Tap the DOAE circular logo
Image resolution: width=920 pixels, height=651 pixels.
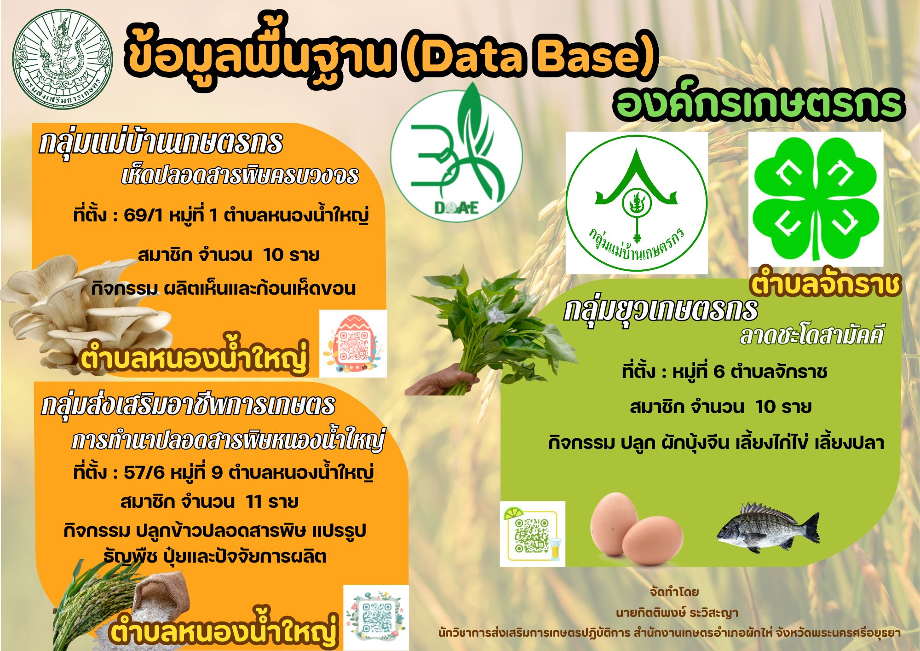[x=456, y=156]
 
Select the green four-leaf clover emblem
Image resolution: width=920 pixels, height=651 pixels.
[x=816, y=199]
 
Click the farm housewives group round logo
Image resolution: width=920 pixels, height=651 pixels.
[x=636, y=203]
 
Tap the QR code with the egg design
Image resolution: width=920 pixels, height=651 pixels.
[x=353, y=344]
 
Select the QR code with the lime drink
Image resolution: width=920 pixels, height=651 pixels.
[x=532, y=534]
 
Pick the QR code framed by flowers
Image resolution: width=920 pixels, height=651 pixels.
[x=376, y=617]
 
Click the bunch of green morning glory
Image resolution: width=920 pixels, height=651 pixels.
[x=492, y=327]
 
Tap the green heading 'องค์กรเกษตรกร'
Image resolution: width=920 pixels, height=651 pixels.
[x=759, y=105]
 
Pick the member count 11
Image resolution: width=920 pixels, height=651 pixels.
[x=253, y=501]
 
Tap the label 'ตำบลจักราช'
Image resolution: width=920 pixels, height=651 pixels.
[x=824, y=284]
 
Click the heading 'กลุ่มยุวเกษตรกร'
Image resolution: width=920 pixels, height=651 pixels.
[x=661, y=310]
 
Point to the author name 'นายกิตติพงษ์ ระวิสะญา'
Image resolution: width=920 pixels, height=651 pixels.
[x=677, y=613]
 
